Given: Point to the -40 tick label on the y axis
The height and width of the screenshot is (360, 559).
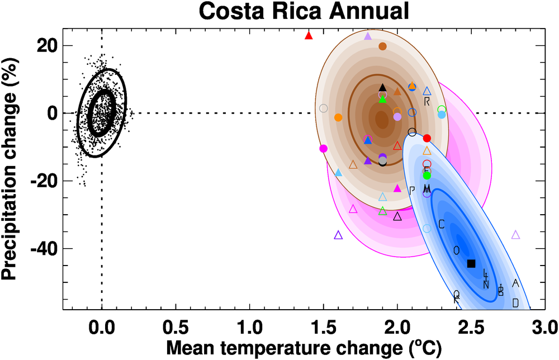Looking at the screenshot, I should [x=48, y=249].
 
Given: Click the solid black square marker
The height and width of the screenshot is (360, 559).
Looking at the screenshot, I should [x=471, y=263].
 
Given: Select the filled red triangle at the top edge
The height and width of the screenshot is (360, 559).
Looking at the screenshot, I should [x=309, y=35].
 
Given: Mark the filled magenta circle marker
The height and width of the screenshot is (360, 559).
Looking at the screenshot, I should [x=323, y=148].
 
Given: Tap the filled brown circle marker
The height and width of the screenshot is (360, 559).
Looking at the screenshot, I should [x=382, y=46].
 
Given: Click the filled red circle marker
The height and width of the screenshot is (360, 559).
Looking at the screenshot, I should [x=427, y=138].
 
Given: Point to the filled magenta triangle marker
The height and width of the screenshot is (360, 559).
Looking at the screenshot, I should [x=397, y=188].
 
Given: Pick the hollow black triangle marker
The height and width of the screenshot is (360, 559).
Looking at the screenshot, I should [x=397, y=216].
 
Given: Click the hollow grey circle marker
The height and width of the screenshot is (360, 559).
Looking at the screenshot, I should [x=323, y=108].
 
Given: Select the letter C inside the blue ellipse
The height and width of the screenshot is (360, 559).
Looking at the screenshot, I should [x=441, y=225].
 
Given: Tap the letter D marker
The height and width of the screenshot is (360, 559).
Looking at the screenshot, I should [x=515, y=303].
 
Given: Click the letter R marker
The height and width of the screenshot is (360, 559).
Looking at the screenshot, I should [x=427, y=102].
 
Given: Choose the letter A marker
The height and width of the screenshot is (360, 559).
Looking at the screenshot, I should [x=515, y=283].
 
